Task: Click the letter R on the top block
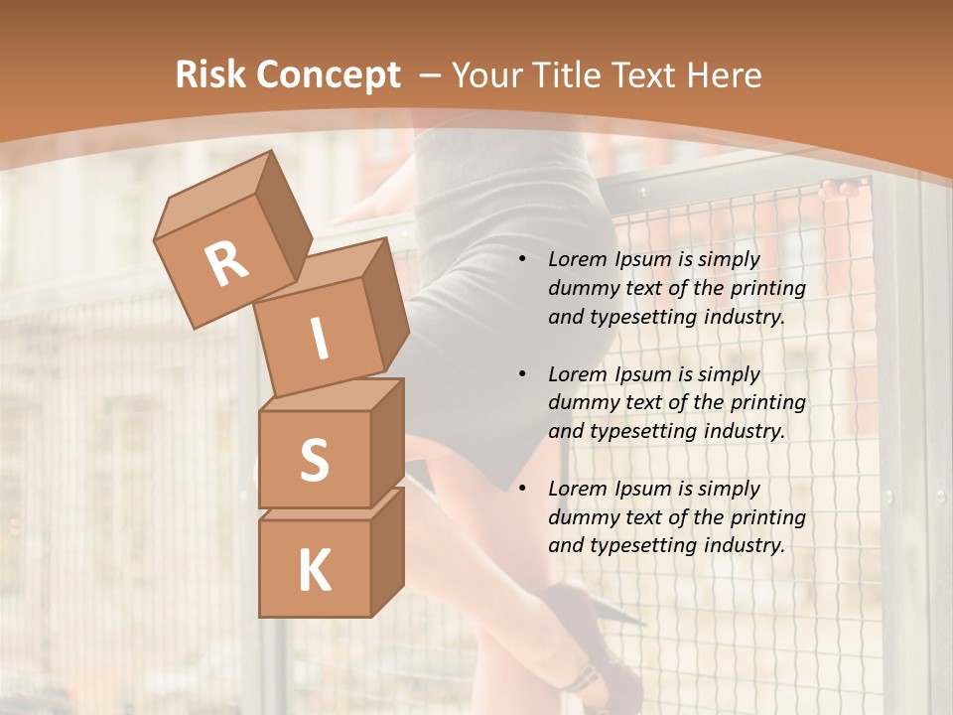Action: pos(226,263)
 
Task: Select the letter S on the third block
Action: pos(314,461)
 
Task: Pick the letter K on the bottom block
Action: pos(314,571)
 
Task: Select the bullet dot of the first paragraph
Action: pos(522,260)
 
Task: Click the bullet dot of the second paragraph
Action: pos(522,374)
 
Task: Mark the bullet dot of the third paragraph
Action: pos(522,489)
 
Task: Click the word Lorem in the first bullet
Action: pos(575,259)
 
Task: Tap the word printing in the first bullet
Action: pos(768,288)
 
